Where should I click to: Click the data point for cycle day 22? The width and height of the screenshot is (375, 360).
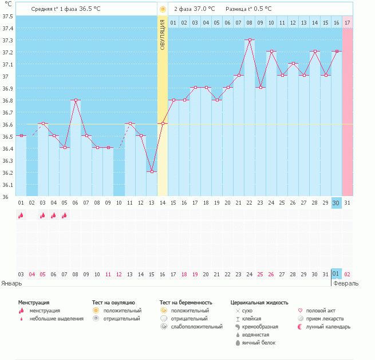(250, 40)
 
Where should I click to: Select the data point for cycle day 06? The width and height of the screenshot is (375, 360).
(75, 100)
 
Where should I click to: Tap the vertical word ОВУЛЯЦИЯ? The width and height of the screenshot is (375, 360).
(163, 34)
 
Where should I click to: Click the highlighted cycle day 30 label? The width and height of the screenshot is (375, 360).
(336, 202)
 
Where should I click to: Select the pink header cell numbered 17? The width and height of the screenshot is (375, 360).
(347, 22)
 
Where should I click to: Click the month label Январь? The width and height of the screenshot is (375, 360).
(11, 283)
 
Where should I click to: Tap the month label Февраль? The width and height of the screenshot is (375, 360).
(346, 283)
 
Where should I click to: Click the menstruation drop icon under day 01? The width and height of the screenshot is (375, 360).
(21, 216)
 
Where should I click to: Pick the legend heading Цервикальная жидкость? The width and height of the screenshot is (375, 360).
(259, 302)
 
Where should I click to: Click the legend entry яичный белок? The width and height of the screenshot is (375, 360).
(258, 342)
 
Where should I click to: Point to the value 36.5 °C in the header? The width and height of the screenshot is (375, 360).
(89, 9)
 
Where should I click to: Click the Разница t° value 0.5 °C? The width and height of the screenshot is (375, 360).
(262, 9)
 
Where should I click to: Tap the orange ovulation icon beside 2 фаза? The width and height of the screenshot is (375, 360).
(163, 9)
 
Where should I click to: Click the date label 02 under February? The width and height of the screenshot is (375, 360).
(347, 275)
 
